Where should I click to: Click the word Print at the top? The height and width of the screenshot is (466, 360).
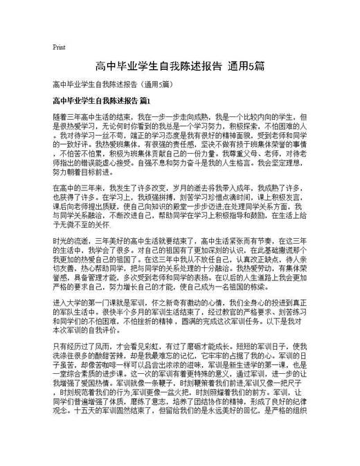(x=59, y=48)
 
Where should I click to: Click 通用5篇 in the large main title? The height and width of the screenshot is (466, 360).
(x=246, y=66)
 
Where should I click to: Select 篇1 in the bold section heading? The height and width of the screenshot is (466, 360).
(x=144, y=101)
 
